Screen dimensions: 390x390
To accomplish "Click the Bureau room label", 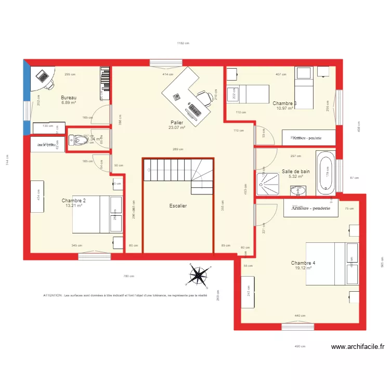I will (x=69, y=98).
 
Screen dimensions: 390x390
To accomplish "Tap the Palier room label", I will (x=176, y=123).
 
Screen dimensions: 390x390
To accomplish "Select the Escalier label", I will (x=178, y=206).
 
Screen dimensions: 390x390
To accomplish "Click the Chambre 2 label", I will (x=73, y=201).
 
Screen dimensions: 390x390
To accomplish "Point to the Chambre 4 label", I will (x=303, y=263).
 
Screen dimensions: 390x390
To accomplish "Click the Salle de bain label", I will (x=296, y=171).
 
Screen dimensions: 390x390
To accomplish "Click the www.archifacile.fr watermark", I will (x=357, y=347).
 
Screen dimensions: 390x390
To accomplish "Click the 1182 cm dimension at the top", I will (x=183, y=44).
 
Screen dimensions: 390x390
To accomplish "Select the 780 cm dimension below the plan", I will (x=128, y=276).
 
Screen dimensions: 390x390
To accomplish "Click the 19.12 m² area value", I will (x=303, y=268).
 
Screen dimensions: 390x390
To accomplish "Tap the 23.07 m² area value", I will (x=176, y=128).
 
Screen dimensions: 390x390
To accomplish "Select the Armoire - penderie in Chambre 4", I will (x=310, y=208).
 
